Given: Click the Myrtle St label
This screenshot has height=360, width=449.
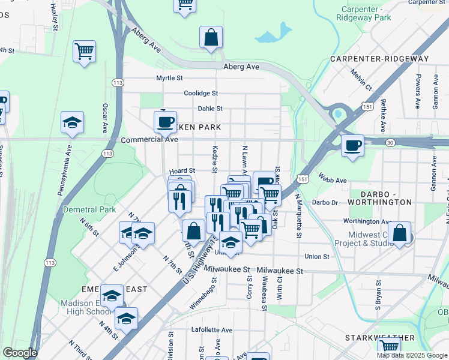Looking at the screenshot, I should pos(169,78).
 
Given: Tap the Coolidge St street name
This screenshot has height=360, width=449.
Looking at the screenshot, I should pos(201,94).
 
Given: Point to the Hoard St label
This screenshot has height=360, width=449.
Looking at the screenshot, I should pos(182,171).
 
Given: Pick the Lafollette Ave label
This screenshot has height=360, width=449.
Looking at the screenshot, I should pos(211,330).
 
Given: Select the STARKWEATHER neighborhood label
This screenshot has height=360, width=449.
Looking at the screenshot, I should pos(380,338).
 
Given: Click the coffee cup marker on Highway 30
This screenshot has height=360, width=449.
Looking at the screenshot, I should pos(352,145).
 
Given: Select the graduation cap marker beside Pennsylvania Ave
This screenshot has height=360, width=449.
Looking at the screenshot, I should pos(72,123).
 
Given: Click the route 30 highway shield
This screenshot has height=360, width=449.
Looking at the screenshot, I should pos(391,142).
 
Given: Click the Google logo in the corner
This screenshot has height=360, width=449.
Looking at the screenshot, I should pos(20,353).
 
